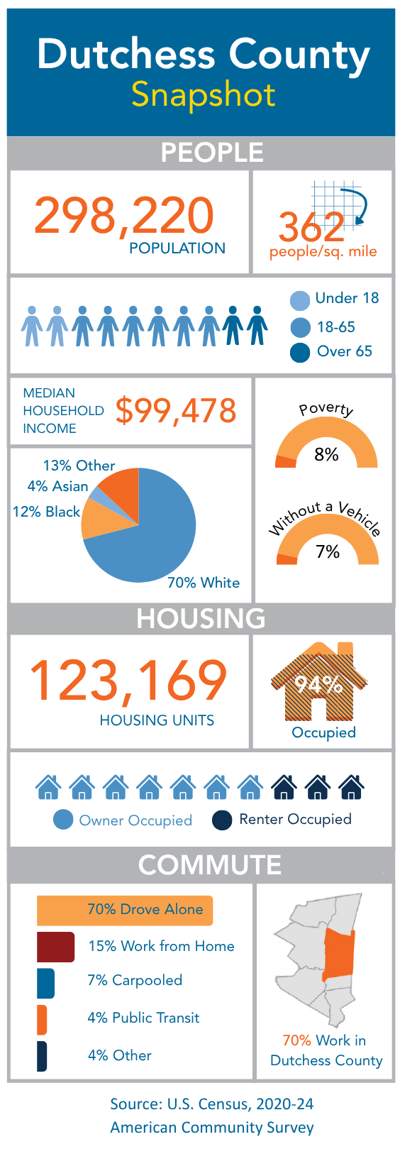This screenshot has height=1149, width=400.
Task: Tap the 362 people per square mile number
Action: [x=311, y=226]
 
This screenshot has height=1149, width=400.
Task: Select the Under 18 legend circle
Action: [x=300, y=301]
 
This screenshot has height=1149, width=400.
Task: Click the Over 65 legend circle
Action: [x=300, y=353]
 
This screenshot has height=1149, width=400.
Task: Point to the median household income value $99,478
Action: [x=176, y=411]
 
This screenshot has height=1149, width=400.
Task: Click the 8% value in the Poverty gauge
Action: [x=326, y=454]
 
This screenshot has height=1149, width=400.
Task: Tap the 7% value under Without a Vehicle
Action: [x=327, y=551]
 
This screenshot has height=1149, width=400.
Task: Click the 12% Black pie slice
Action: [x=100, y=518]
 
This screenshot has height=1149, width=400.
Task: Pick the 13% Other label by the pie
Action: [x=79, y=466]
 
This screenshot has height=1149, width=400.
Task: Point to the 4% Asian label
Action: [x=57, y=485]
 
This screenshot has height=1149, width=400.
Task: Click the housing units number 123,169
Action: [x=128, y=680]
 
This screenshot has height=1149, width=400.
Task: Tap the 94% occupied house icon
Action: [x=318, y=682]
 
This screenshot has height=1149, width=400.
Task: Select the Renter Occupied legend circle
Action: [x=222, y=820]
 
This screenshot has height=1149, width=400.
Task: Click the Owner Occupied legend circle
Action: [x=63, y=820]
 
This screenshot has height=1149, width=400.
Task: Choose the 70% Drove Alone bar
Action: [x=125, y=911]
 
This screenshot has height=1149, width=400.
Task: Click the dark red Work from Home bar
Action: [x=55, y=947]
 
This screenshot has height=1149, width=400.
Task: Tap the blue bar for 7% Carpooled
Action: [x=45, y=984]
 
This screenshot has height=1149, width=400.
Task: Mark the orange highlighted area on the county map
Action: [x=339, y=955]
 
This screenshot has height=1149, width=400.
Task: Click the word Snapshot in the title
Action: [x=203, y=94]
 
